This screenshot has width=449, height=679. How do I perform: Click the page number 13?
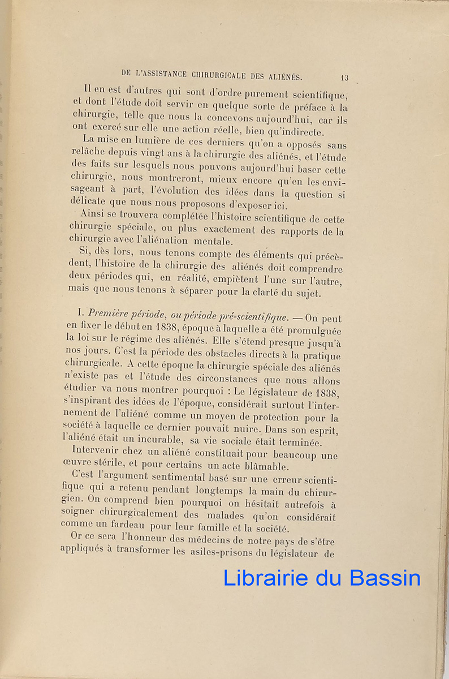point(344,78)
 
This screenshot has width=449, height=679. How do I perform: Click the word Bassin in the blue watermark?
point(385,578)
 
